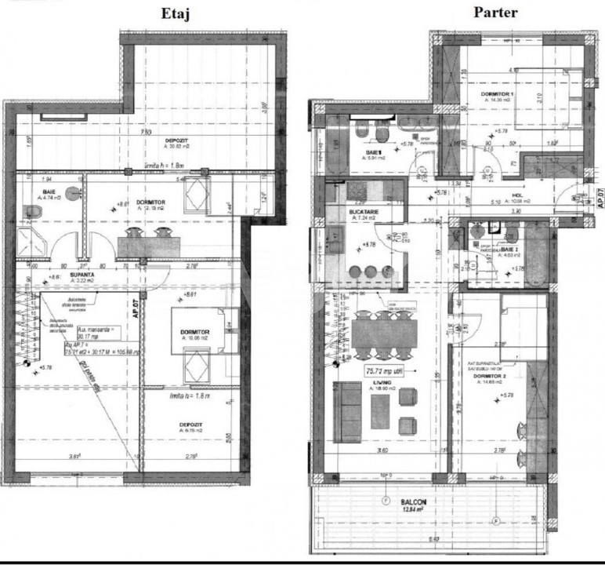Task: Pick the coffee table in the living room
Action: (x=381, y=411)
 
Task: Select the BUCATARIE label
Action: (x=364, y=210)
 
